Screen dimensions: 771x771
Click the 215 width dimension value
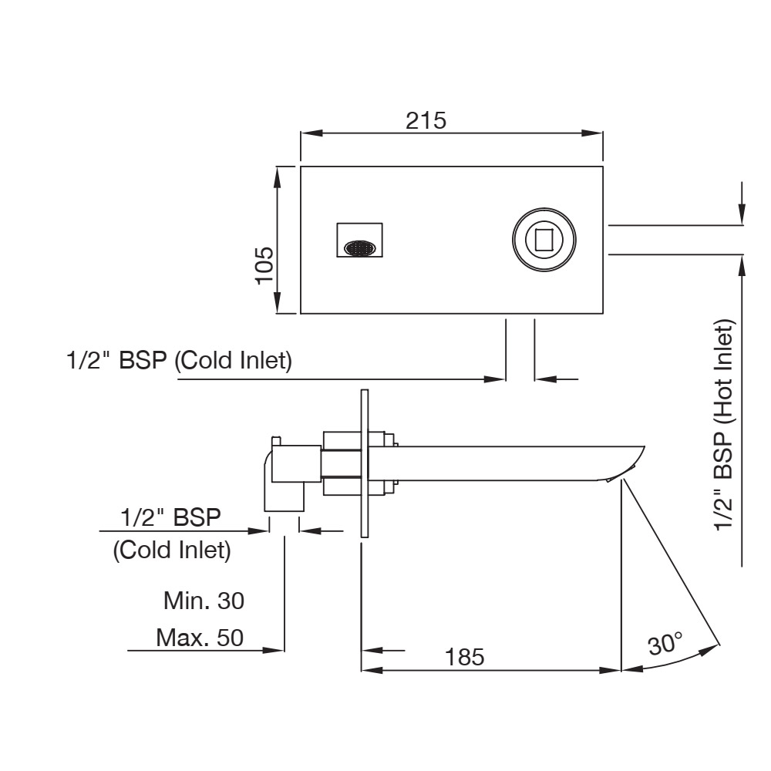point(426,120)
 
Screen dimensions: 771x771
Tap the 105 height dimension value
point(265,266)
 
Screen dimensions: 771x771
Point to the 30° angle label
point(665,643)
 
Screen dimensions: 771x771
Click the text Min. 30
point(204,600)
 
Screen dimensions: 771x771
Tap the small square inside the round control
point(544,241)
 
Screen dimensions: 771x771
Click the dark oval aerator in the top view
point(360,248)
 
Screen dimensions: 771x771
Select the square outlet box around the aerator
point(359,239)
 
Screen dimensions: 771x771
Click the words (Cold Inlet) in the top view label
point(234,360)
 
